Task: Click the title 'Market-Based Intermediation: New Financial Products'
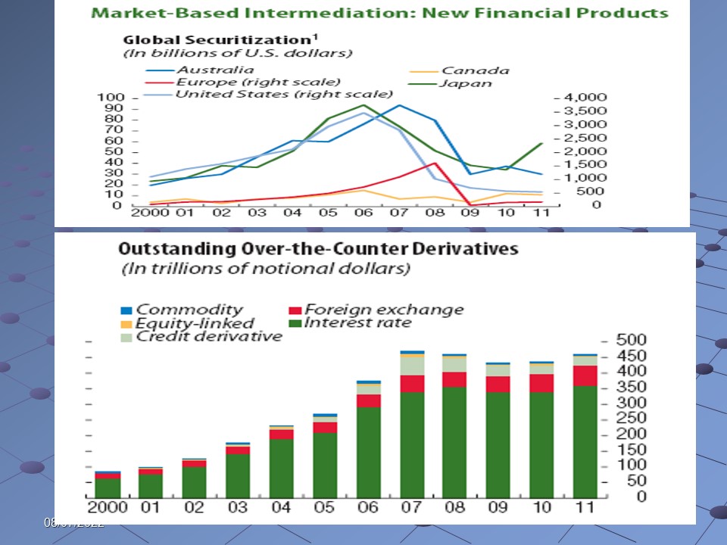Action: pyautogui.click(x=379, y=13)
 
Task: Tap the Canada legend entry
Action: pyautogui.click(x=475, y=70)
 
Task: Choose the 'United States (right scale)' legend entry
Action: pyautogui.click(x=283, y=94)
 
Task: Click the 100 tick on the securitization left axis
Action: pyautogui.click(x=111, y=98)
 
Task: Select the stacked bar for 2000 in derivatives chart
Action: pyautogui.click(x=108, y=484)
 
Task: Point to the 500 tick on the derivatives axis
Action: pyautogui.click(x=610, y=340)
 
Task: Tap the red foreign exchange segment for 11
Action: pyautogui.click(x=585, y=375)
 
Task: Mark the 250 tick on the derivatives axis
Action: pyautogui.click(x=610, y=418)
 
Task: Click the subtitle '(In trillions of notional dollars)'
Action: pyautogui.click(x=266, y=268)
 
